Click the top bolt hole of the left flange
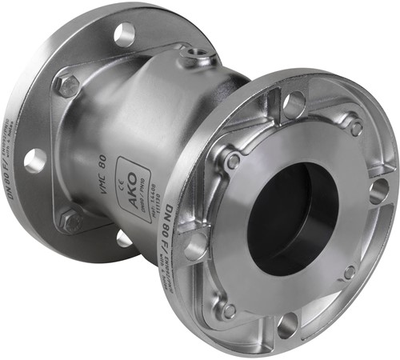click(x=124, y=34)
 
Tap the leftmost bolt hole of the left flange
click(x=34, y=161)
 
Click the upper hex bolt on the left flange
click(x=67, y=86)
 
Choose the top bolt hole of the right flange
click(x=294, y=103)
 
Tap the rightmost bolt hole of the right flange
click(x=378, y=191)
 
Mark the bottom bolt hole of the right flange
click(x=289, y=323)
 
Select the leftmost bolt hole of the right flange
click(x=195, y=247)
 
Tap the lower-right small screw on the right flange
click(x=350, y=272)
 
